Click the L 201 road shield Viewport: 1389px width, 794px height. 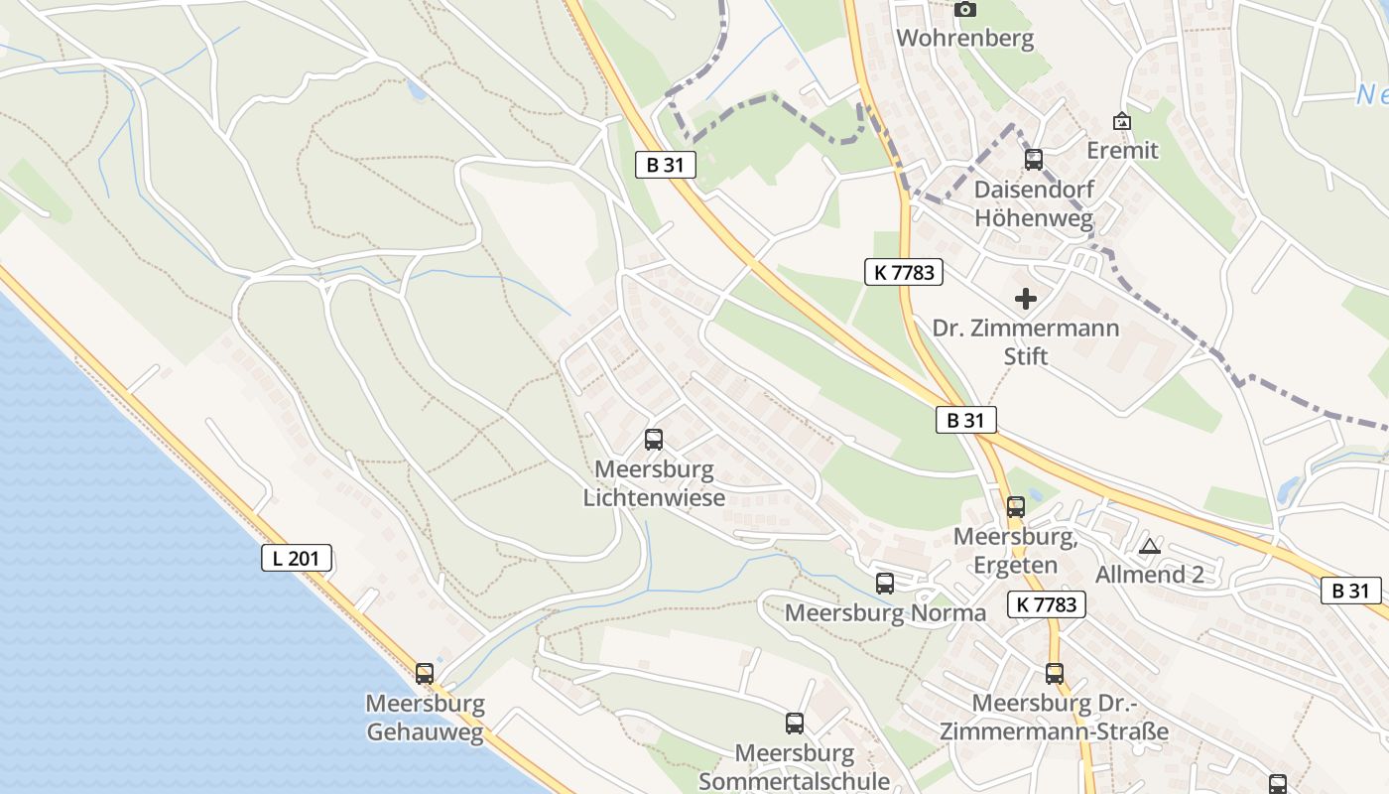click(x=297, y=558)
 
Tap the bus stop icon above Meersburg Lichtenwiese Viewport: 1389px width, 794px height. click(x=654, y=440)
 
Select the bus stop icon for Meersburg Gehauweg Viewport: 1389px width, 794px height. click(x=425, y=673)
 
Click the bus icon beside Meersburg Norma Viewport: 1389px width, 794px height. click(x=885, y=584)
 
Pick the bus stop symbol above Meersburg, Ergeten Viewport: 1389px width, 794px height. click(x=1016, y=507)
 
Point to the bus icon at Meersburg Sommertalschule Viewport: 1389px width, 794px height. click(x=795, y=724)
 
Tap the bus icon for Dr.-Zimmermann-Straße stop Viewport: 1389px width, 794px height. click(x=1055, y=674)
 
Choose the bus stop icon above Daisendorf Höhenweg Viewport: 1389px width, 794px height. click(x=1034, y=159)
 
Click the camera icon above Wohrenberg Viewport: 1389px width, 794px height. click(x=964, y=10)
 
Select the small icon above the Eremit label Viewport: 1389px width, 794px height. click(x=1122, y=121)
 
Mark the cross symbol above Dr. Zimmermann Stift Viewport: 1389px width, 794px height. click(x=1026, y=299)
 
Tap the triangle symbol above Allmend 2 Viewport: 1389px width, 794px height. click(x=1149, y=546)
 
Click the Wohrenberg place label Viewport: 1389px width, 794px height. click(x=964, y=39)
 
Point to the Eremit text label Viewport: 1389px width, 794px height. click(x=1122, y=150)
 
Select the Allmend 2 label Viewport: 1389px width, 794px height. click(x=1149, y=575)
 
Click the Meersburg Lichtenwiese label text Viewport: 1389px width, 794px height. click(x=654, y=482)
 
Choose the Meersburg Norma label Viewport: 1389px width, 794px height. click(x=885, y=612)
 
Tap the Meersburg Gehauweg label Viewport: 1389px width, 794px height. click(x=425, y=718)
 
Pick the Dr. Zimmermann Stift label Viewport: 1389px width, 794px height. click(x=1026, y=341)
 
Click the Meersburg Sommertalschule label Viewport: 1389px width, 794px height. click(x=795, y=766)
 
